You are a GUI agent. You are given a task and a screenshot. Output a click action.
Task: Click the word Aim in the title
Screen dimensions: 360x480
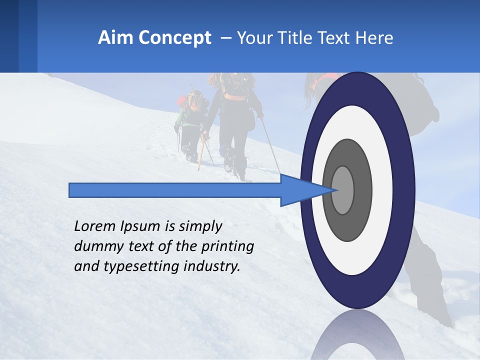[115, 38]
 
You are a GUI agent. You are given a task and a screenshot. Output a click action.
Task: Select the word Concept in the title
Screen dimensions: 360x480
[174, 38]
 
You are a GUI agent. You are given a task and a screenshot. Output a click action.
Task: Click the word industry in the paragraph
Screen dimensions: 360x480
[211, 266]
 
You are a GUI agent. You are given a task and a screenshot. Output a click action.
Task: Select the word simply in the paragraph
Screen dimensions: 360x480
[200, 227]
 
